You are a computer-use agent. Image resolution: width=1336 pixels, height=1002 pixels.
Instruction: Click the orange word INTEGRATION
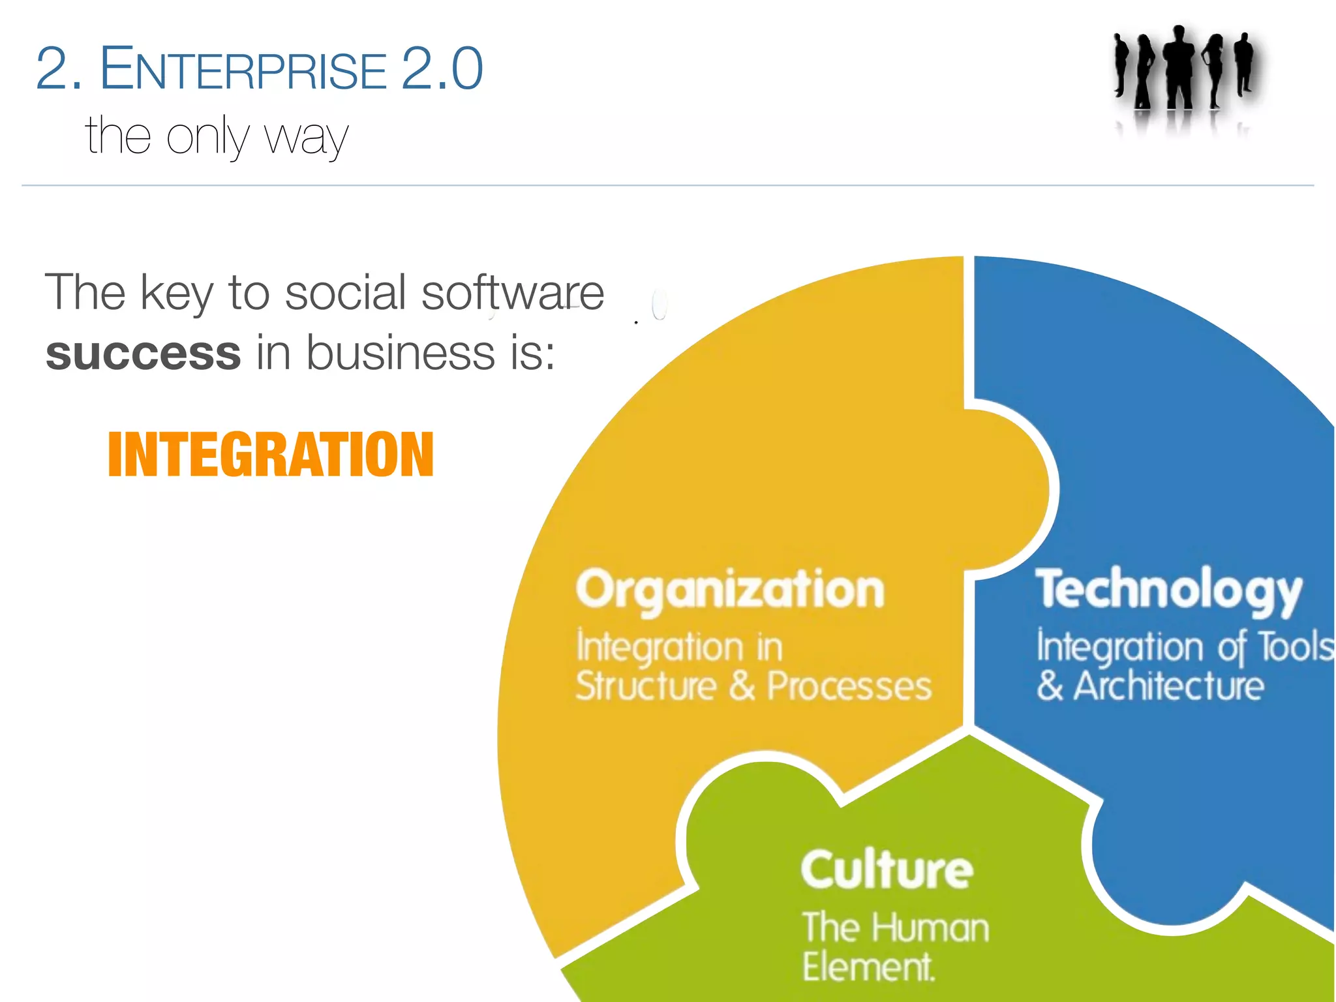pos(271,455)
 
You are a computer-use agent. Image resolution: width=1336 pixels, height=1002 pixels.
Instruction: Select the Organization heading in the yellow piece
pos(730,590)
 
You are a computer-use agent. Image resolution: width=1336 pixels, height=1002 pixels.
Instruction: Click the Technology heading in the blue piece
pos(1168,590)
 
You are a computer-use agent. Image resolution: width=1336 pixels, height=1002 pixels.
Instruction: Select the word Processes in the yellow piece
pos(849,686)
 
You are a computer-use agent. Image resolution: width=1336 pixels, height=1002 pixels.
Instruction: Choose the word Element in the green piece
pos(868,967)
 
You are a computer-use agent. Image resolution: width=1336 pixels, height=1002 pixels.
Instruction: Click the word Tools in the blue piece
pos(1296,647)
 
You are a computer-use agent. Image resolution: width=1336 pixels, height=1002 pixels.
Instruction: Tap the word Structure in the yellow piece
pos(646,686)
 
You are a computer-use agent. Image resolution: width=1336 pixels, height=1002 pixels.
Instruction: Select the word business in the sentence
pos(401,353)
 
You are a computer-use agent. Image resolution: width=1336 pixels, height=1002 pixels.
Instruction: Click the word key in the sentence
pos(177,293)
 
